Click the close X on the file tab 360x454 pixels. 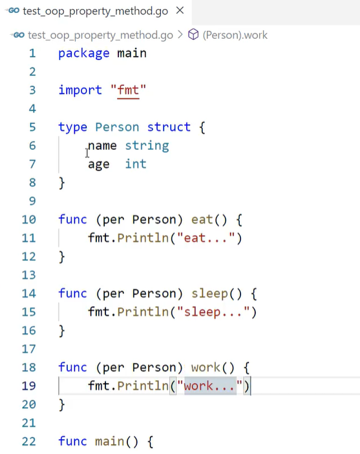coord(180,10)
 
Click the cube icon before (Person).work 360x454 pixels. coord(193,35)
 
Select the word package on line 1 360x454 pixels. coord(84,54)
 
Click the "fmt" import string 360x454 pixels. coord(128,90)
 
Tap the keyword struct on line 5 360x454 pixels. coord(169,127)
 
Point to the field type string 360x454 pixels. coord(147,146)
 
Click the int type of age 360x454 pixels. coord(136,164)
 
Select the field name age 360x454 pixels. coord(99,165)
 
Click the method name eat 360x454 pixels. coord(202,220)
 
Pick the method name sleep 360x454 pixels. coord(209,294)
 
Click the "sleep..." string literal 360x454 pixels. coord(213,312)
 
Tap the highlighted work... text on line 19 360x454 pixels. coord(210,386)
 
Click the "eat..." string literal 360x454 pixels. coord(206,238)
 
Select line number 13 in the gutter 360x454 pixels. coord(28,275)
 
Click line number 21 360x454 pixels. coord(28,423)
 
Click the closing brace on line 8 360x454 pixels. coord(62,183)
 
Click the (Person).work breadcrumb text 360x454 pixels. coord(235,35)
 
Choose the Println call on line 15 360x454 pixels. coord(143,312)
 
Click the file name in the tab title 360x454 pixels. coord(96,11)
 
